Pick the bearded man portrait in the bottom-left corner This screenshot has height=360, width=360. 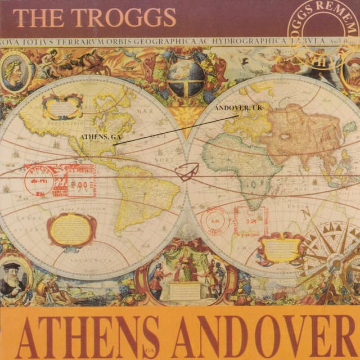pos(12,278)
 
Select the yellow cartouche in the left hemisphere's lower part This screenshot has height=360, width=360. pos(71,229)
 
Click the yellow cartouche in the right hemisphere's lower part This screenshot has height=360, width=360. pos(280,247)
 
